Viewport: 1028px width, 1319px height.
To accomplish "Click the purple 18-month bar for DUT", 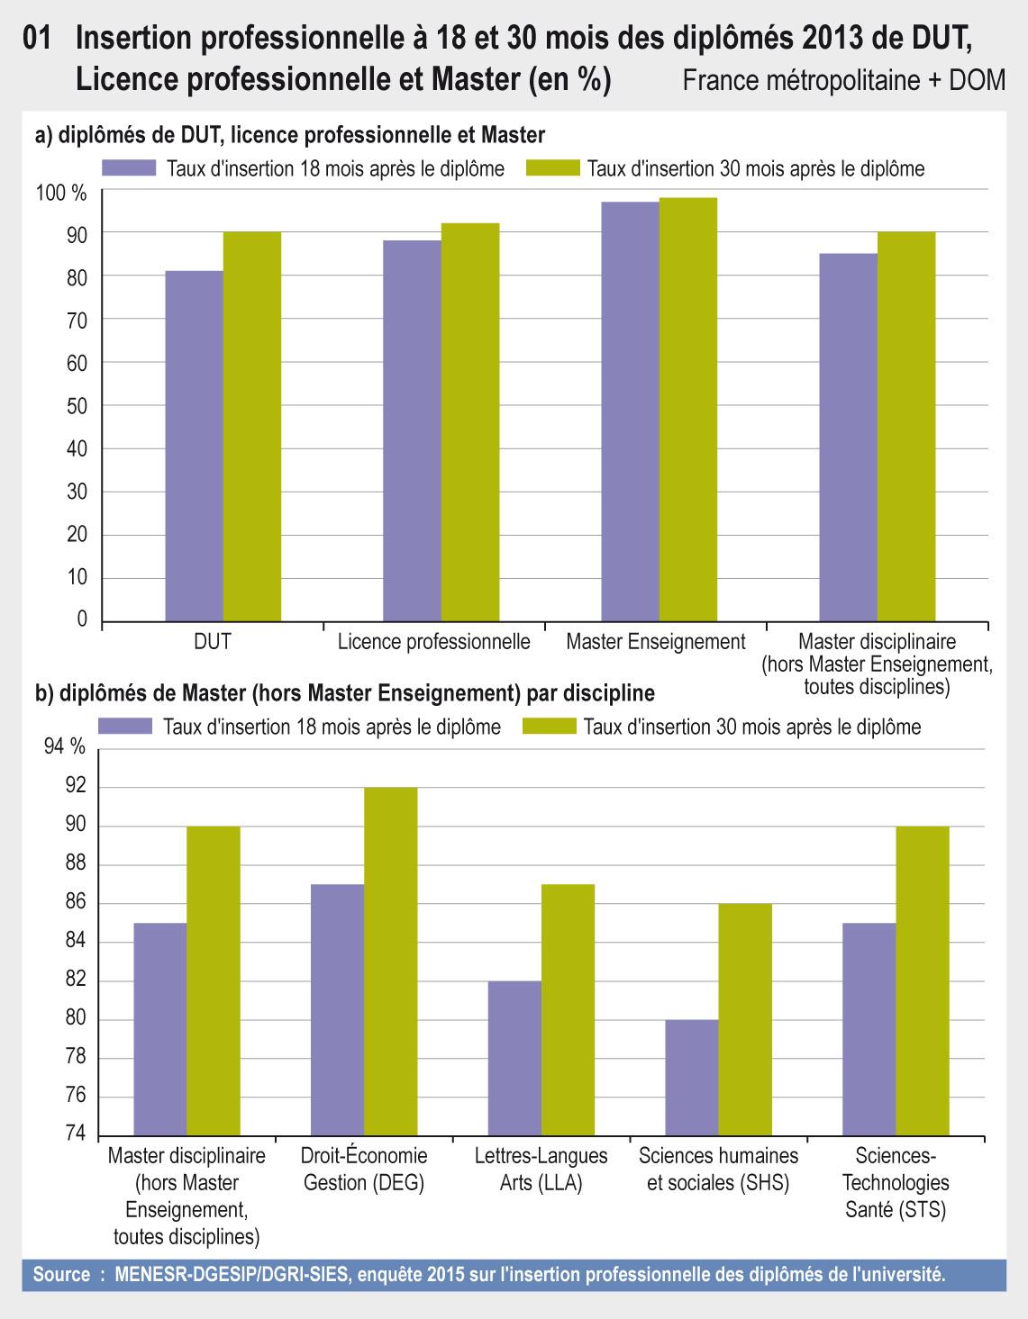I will click(x=195, y=446).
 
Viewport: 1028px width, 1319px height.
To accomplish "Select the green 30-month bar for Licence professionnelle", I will click(x=470, y=422).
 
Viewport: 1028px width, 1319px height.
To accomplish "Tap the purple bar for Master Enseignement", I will click(x=631, y=411).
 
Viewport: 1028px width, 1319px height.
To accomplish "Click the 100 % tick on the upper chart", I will click(x=62, y=193).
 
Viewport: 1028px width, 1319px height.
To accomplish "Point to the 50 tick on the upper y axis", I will click(x=77, y=406).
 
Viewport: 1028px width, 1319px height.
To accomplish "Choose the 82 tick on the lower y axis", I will click(x=76, y=980).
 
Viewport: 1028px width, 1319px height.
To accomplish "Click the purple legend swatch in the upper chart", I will click(x=129, y=168).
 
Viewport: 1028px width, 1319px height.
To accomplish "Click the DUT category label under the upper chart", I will click(x=213, y=643).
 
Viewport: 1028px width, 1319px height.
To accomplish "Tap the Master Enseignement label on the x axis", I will click(x=656, y=643).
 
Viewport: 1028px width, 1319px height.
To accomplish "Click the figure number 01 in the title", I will click(x=40, y=39).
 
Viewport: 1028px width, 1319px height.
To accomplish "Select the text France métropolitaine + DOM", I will click(x=843, y=81).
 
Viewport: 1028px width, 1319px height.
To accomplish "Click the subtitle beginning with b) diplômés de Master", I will click(x=344, y=694).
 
